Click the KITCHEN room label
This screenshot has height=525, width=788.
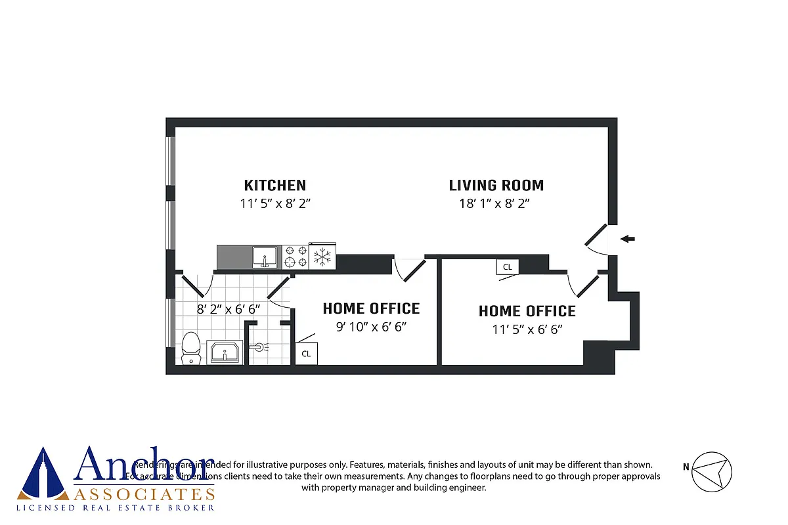[x=274, y=185]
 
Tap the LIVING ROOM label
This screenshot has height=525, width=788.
[x=496, y=185]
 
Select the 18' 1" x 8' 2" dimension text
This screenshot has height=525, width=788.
[x=494, y=203]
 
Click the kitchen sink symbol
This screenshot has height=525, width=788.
[x=266, y=257]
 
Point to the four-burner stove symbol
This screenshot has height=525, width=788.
[x=295, y=257]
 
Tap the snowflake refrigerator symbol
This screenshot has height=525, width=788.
[x=322, y=257]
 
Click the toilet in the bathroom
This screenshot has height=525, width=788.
[x=190, y=348]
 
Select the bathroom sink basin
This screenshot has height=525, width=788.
[x=225, y=352]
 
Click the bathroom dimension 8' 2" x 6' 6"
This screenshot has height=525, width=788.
[x=229, y=308]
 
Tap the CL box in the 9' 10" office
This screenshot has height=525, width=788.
[x=305, y=353]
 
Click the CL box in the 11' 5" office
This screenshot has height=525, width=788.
[x=507, y=267]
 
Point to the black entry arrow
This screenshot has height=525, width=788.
[x=628, y=239]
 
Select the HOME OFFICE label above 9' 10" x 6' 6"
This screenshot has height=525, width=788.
[x=371, y=308]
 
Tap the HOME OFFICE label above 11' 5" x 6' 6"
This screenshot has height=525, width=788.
[x=527, y=311]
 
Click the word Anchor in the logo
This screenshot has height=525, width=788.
[x=144, y=465]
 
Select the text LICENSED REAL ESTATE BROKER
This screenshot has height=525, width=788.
[x=116, y=507]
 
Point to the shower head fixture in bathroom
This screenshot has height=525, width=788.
[x=259, y=346]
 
